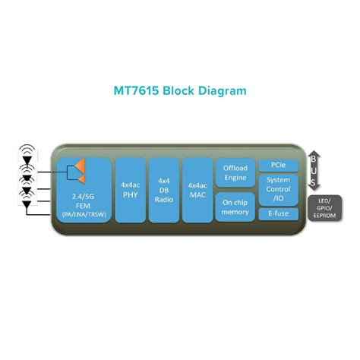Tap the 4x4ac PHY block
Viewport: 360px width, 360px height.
click(128, 189)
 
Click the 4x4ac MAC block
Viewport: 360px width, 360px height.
click(197, 189)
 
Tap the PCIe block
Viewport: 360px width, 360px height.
click(277, 165)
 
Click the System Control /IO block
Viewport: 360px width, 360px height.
click(277, 189)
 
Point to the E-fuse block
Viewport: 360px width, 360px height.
click(277, 214)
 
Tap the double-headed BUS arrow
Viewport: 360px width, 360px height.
click(313, 172)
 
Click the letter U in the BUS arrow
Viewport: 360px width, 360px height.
click(313, 172)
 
